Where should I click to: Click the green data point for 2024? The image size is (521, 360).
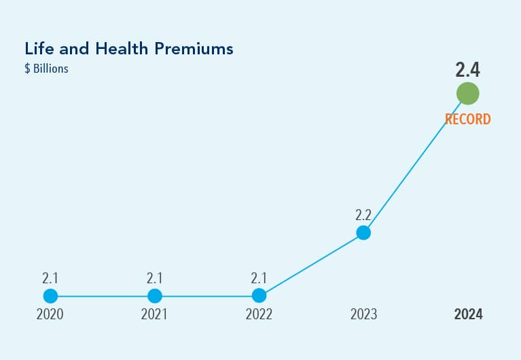click(x=467, y=93)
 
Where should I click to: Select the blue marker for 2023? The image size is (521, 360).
click(x=363, y=233)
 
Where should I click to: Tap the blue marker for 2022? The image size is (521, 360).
click(x=259, y=296)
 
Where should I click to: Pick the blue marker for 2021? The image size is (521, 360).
click(x=155, y=296)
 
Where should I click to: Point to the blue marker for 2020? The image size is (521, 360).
click(x=50, y=296)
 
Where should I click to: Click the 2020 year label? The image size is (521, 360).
click(x=50, y=315)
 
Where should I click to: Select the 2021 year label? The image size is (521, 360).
click(x=155, y=315)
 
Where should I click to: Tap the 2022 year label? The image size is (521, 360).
click(x=259, y=315)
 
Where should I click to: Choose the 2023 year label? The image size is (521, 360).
click(x=363, y=315)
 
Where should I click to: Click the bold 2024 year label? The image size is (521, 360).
click(x=468, y=315)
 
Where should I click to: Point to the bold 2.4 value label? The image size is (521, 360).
click(x=467, y=70)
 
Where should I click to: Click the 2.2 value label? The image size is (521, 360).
click(x=363, y=215)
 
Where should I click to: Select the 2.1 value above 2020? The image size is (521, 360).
click(x=50, y=278)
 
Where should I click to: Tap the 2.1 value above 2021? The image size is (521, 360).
click(x=155, y=278)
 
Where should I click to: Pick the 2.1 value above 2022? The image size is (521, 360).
click(x=259, y=278)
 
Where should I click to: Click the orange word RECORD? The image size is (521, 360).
click(x=467, y=120)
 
